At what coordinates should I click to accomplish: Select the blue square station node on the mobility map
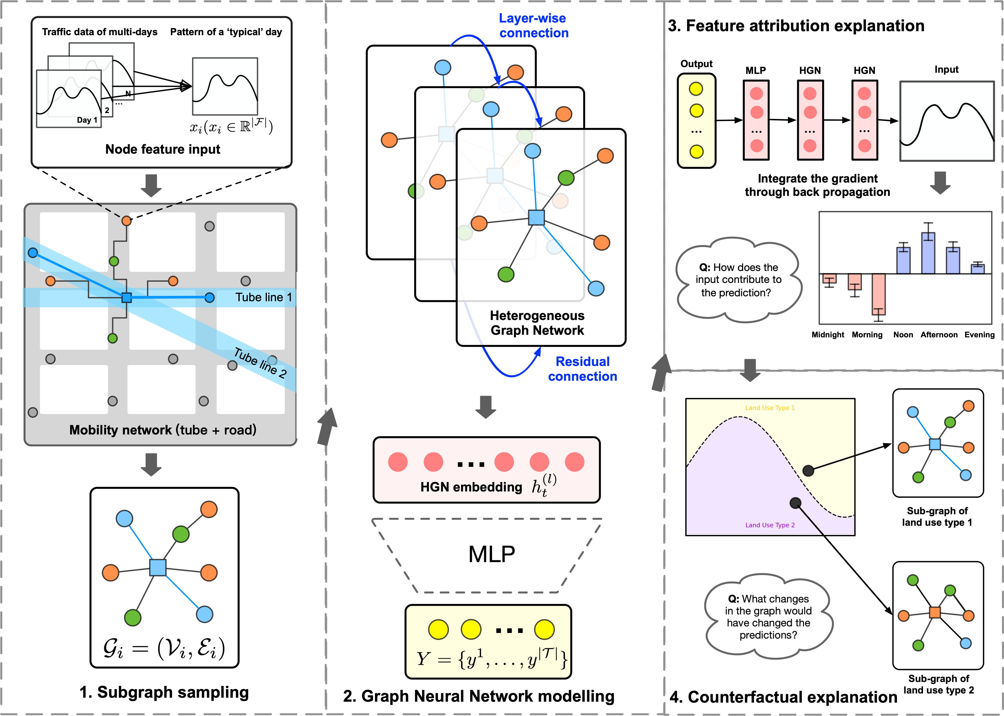pos(127,298)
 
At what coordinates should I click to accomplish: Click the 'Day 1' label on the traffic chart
pos(87,120)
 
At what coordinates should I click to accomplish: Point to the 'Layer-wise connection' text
pos(533,26)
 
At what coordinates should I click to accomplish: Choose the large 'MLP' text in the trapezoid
pos(491,554)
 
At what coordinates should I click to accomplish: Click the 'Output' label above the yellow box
pos(696,64)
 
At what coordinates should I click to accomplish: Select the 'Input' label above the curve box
pos(946,70)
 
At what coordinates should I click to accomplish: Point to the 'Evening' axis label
pos(979,335)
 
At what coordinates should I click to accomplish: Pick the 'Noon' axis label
pos(903,335)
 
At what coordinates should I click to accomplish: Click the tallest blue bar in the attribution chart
pos(928,254)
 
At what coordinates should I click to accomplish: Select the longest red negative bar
pos(878,294)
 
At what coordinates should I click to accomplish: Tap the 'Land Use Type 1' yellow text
pos(770,408)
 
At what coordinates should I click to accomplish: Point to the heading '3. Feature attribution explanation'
pos(796,26)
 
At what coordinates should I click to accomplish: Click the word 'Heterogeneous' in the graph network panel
pos(537,316)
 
